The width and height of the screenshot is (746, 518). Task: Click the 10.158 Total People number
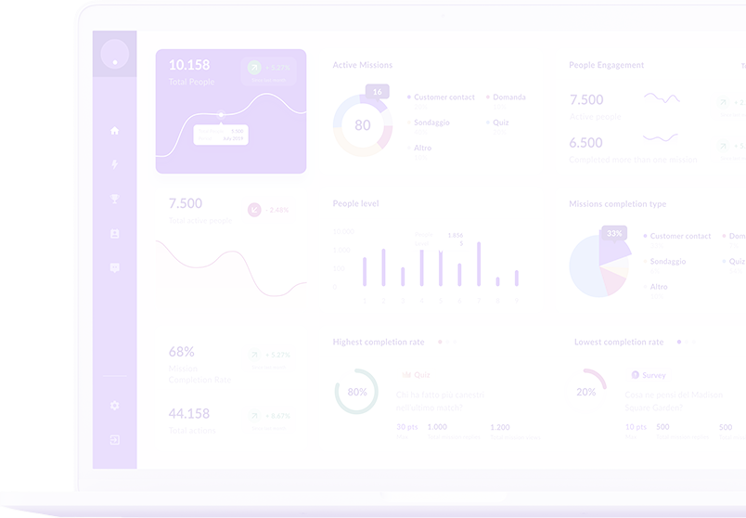pos(189,65)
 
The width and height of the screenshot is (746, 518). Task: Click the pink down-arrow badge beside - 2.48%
pos(254,210)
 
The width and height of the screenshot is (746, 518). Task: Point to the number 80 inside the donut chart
pos(363,125)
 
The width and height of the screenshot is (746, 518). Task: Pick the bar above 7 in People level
pos(479,264)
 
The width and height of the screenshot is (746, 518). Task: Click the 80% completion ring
pos(356,392)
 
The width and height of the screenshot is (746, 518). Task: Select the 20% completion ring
pos(585,392)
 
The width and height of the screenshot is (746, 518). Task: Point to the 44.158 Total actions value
pos(189,413)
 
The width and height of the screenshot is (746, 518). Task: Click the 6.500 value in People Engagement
pos(586,143)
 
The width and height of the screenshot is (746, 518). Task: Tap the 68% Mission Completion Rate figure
pos(182,352)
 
